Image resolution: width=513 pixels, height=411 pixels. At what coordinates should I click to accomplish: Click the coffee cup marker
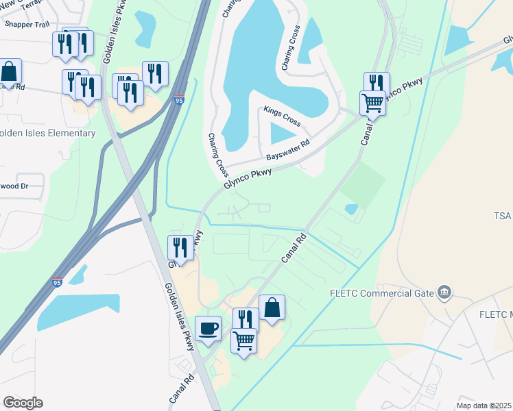point(208,328)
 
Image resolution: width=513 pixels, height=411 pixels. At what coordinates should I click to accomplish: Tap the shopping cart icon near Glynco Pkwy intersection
point(372,103)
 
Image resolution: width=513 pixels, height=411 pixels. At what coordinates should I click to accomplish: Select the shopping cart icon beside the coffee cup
point(245,340)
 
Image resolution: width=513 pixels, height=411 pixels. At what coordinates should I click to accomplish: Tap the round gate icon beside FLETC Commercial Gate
point(444,293)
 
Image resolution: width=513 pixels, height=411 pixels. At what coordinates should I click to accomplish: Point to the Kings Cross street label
point(282,116)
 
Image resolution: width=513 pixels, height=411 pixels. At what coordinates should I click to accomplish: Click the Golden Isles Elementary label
point(48,133)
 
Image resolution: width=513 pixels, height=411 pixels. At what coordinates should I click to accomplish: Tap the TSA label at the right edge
point(502,216)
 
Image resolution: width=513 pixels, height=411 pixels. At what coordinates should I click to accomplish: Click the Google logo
point(23,403)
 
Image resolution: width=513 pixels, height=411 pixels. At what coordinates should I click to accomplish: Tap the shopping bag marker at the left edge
point(9,71)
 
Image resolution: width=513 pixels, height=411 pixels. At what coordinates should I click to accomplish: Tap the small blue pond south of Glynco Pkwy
point(351,209)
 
